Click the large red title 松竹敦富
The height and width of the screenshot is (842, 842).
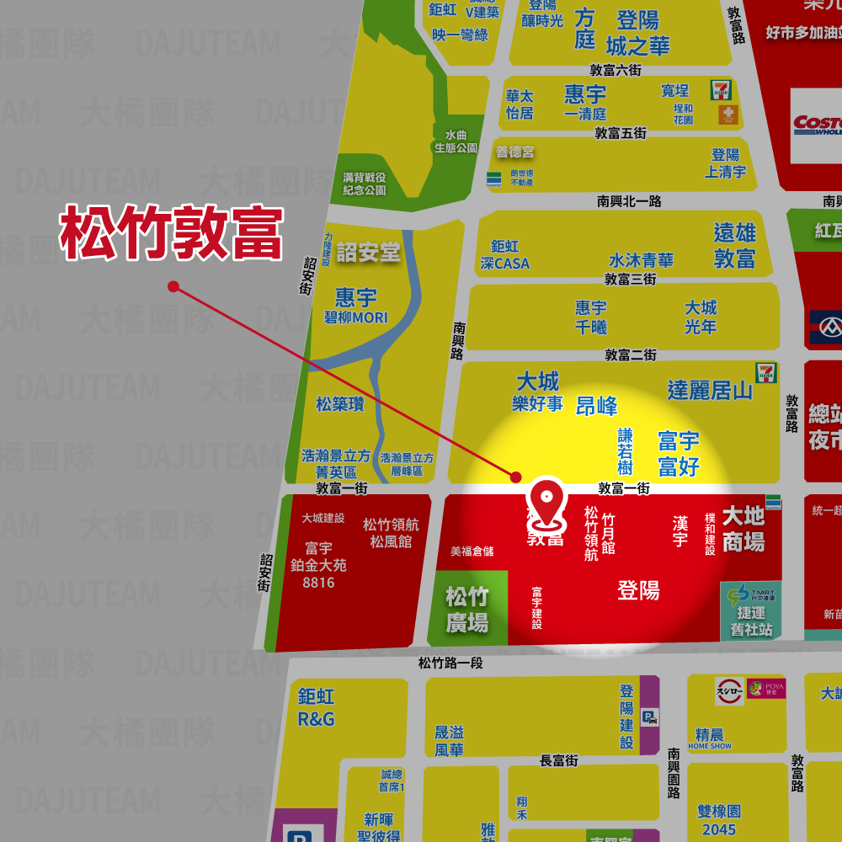pyautogui.click(x=171, y=234)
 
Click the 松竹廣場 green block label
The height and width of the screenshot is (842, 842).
pyautogui.click(x=466, y=610)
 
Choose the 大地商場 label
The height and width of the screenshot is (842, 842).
pyautogui.click(x=743, y=529)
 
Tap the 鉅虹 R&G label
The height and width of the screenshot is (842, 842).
pyautogui.click(x=316, y=707)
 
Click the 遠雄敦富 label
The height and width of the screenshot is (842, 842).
pyautogui.click(x=734, y=245)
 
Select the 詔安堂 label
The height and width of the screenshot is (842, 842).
pyautogui.click(x=368, y=252)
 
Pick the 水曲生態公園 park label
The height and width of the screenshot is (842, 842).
pyautogui.click(x=456, y=141)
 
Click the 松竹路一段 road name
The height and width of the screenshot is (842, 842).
pyautogui.click(x=450, y=663)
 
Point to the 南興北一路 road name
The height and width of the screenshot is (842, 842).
pyautogui.click(x=629, y=201)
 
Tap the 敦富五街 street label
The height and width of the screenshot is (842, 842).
pyautogui.click(x=621, y=133)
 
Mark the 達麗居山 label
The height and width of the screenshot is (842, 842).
pyautogui.click(x=710, y=390)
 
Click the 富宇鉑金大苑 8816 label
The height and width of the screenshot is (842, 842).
pyautogui.click(x=318, y=565)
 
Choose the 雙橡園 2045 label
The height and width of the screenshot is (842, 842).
pyautogui.click(x=719, y=820)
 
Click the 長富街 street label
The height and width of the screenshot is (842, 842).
pyautogui.click(x=558, y=760)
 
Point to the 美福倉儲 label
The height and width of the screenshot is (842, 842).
pyautogui.click(x=472, y=552)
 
